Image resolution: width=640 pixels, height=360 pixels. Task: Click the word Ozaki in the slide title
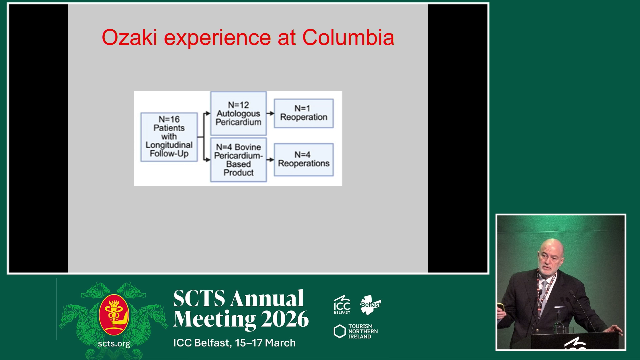click(x=129, y=37)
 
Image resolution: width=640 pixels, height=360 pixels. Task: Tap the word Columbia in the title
click(x=348, y=37)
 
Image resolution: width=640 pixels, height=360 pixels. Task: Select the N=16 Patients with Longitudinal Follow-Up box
click(x=169, y=137)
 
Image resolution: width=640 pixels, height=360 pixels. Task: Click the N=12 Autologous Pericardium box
click(x=238, y=113)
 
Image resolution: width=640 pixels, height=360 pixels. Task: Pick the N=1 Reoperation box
click(x=304, y=113)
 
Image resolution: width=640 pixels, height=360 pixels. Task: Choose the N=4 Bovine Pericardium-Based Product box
click(x=238, y=160)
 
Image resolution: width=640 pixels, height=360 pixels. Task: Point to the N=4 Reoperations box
click(x=304, y=159)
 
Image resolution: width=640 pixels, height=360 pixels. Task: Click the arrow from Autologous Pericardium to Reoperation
click(x=270, y=113)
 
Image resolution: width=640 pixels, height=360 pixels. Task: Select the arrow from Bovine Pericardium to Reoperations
click(x=270, y=160)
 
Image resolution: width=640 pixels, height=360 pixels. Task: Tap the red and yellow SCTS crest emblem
click(x=114, y=315)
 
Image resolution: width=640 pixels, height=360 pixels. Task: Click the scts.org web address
click(x=114, y=344)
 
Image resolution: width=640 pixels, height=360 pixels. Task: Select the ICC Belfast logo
click(x=342, y=304)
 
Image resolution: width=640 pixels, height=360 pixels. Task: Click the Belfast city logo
click(x=370, y=305)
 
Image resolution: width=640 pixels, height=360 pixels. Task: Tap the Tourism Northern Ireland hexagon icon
click(x=340, y=331)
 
